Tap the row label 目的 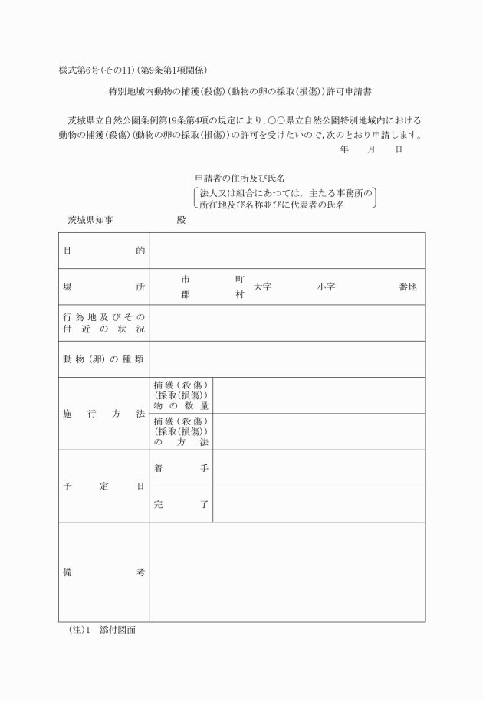coord(103,251)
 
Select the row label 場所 coord(103,287)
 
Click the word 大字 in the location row coord(263,287)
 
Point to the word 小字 coord(325,287)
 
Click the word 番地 coord(408,287)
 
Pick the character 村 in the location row coord(240,294)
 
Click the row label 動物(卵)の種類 coord(103,359)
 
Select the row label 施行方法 coord(103,413)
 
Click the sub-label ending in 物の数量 coord(181,395)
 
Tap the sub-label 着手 coord(181,467)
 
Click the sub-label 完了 coord(181,504)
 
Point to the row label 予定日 coord(103,486)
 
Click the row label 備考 coord(103,572)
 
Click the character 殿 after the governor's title coord(181,220)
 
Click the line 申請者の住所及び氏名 coord(240,178)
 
